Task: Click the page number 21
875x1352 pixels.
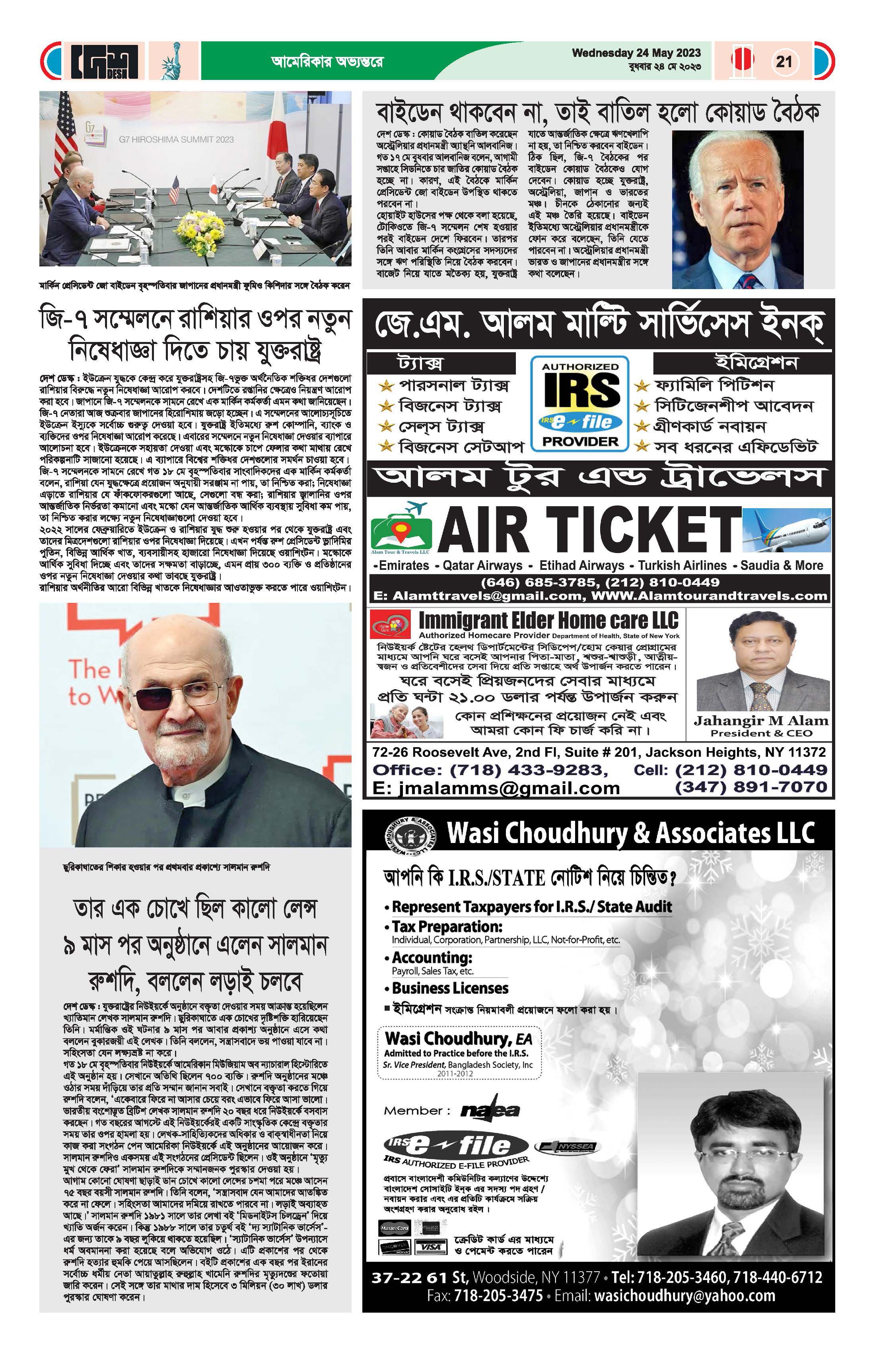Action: tap(784, 61)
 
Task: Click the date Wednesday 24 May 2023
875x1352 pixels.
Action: tap(636, 53)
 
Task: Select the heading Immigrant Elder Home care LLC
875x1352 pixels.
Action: tap(548, 620)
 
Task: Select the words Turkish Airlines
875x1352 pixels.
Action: tap(682, 565)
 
